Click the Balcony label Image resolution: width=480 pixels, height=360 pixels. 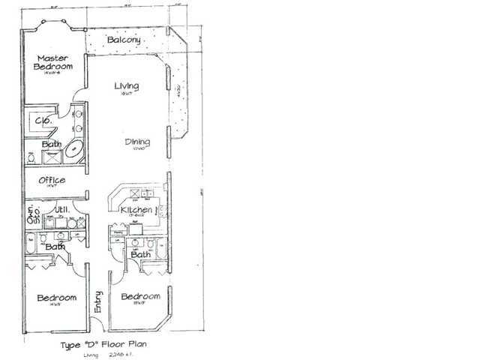pos(124,39)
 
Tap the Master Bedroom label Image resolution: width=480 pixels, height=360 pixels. pos(52,62)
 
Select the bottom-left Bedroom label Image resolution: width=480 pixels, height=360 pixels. pos(57,298)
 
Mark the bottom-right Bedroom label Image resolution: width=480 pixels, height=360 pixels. pos(140,297)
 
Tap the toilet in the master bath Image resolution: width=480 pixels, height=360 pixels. pos(31,158)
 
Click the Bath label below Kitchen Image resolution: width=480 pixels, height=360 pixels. pos(139,255)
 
